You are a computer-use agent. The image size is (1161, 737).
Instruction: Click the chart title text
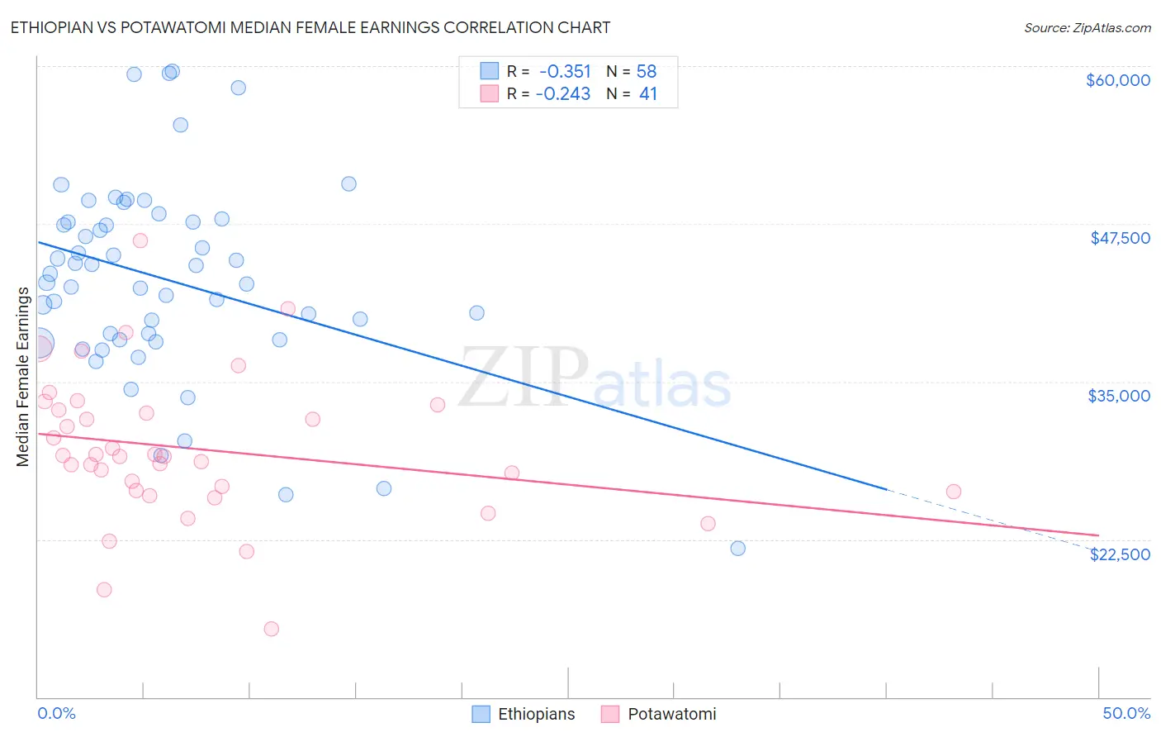pos(310,27)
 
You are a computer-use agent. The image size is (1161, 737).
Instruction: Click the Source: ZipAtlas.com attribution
pos(1087,27)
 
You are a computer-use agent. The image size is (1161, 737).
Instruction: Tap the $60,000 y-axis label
pos(1117,80)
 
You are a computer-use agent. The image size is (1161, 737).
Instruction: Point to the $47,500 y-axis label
pos(1120,238)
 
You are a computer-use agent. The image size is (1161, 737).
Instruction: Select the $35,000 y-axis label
pos(1119,396)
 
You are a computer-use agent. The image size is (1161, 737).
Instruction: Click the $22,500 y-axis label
pos(1120,554)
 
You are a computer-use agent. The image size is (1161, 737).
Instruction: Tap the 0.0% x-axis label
pos(56,713)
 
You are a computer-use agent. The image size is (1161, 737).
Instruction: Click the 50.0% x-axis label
pos(1125,713)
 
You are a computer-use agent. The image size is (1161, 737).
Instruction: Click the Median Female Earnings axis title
pos(23,377)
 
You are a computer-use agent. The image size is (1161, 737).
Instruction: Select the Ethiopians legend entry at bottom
pos(524,714)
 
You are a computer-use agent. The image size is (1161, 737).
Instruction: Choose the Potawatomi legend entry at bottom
pos(659,714)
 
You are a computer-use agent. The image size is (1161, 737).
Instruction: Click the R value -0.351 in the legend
pos(565,72)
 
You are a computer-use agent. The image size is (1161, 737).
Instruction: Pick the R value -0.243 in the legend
pos(563,94)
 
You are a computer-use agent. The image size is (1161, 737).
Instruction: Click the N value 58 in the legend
pos(646,72)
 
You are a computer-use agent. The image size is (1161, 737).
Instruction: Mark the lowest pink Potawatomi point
pos(271,629)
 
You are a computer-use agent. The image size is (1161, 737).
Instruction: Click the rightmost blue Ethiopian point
pos(737,549)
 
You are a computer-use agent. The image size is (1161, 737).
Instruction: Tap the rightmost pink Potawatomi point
pos(953,492)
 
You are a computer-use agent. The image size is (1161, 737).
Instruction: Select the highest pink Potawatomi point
pos(140,240)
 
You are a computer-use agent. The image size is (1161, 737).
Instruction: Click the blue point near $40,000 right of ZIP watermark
pos(476,313)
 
